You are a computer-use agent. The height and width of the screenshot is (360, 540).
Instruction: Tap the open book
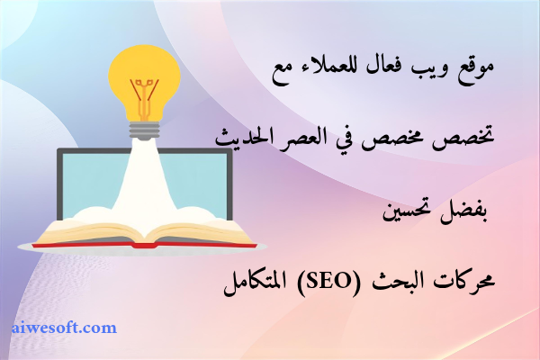[144, 233]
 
